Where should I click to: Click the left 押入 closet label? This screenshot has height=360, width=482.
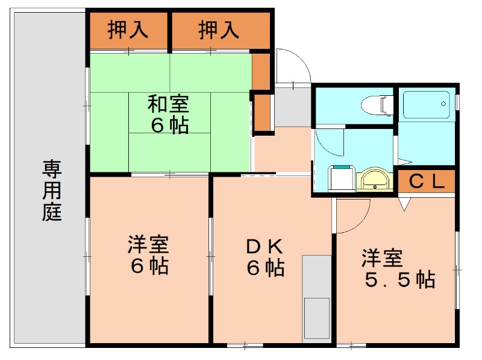[x=128, y=30]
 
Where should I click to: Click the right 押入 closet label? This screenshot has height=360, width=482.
[x=219, y=30]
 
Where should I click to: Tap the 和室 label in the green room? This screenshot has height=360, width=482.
[x=168, y=104]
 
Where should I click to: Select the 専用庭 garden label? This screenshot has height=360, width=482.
[x=52, y=191]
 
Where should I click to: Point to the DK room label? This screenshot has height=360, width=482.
[x=264, y=247]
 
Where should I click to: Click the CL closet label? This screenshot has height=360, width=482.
[x=427, y=182]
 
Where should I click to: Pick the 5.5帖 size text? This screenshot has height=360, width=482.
[x=400, y=280]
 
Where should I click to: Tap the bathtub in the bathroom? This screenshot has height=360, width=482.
[x=426, y=104]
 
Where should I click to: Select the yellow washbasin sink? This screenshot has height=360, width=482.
[x=374, y=180]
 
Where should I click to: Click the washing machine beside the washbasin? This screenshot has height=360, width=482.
[x=342, y=178]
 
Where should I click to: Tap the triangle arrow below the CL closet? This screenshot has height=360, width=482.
[x=404, y=204]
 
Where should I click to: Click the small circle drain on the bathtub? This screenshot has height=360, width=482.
[x=443, y=104]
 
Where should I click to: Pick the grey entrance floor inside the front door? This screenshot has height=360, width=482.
[x=293, y=107]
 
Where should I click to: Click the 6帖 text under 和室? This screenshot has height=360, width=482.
[x=169, y=125]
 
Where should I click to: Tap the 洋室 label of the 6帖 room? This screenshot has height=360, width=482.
[x=148, y=245]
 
